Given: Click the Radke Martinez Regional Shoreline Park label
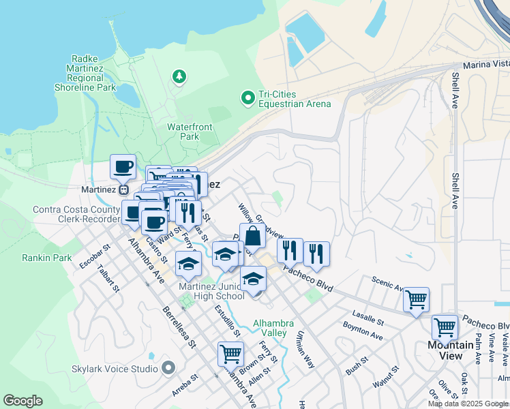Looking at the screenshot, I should (x=85, y=73).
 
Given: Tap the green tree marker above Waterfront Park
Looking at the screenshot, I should (x=179, y=76).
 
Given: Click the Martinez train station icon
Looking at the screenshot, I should (x=123, y=190).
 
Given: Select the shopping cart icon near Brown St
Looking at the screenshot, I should (x=230, y=354).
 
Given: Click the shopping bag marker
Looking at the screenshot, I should (x=252, y=236).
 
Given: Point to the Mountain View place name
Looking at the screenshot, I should (x=451, y=350).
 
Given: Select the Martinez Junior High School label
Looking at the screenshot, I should (x=211, y=291).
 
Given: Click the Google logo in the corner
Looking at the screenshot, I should (x=23, y=401).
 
